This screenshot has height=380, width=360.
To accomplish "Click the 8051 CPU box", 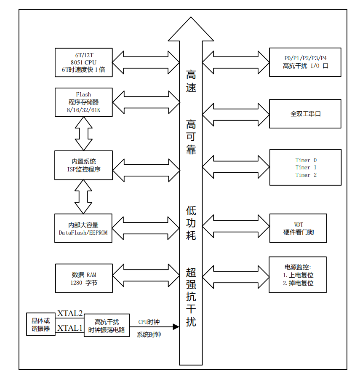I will point(84,62).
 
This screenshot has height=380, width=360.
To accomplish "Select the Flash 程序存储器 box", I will point(84,102).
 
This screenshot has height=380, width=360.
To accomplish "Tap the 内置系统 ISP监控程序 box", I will point(84,165).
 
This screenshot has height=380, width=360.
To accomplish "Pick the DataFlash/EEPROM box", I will point(84,228).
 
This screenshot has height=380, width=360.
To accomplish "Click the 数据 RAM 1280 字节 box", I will point(84,278).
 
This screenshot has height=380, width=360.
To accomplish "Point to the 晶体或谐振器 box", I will point(41,324).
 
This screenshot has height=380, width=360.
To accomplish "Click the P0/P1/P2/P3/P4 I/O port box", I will point(305,62).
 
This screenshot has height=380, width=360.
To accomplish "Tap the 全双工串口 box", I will point(305,114).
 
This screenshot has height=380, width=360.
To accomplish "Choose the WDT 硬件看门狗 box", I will point(298,228).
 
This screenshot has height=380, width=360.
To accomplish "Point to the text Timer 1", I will point(306,167).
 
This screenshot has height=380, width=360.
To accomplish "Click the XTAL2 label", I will point(70,313).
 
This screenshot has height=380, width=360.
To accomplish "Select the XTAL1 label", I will point(70,328).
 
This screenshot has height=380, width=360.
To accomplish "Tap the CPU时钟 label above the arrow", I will point(149,322).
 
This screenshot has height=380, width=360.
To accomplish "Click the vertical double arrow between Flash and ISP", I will point(83,133).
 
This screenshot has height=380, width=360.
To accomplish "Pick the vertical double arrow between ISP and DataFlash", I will point(83,196).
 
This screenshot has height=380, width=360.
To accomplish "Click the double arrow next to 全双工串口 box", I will point(235,114).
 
